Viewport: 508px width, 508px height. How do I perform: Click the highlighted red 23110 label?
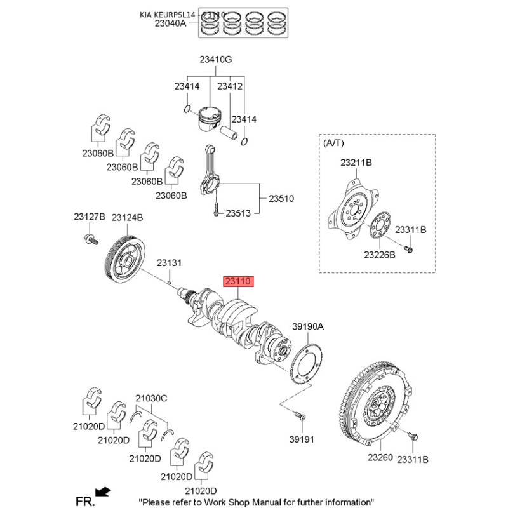click(237, 281)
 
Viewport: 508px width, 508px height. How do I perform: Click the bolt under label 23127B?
click(90, 239)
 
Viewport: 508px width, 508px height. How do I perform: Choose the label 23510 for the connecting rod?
click(281, 199)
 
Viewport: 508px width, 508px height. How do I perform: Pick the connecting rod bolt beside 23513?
click(216, 210)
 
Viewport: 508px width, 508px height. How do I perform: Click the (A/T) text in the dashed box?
click(332, 144)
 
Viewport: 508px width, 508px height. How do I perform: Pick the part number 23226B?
click(379, 255)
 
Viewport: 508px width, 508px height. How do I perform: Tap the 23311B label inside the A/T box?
click(411, 229)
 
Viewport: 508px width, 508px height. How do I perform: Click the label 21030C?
click(150, 399)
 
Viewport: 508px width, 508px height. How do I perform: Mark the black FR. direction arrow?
click(102, 491)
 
